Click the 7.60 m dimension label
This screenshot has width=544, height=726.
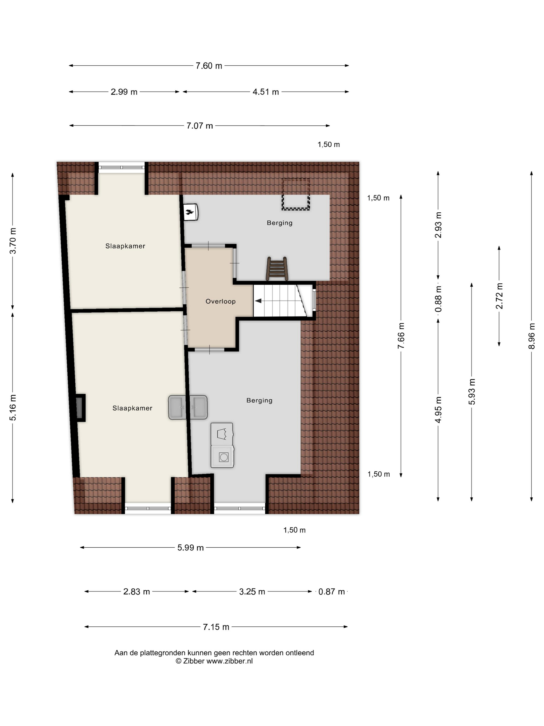[x=209, y=66]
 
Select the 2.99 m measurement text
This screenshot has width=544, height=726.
[x=124, y=92]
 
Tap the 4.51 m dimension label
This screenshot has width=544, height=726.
[x=266, y=92]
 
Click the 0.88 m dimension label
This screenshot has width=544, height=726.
[x=438, y=299]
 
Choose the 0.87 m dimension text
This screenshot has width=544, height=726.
[x=332, y=591]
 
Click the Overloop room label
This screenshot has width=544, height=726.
[x=221, y=301]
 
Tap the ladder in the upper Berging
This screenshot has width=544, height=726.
[x=277, y=268]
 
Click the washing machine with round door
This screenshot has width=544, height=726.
[x=223, y=457]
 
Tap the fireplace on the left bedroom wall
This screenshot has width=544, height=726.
[x=79, y=408]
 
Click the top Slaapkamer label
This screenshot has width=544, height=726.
[x=125, y=246]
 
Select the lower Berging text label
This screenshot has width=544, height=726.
[x=259, y=400]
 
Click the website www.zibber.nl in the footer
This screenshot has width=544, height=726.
[x=230, y=661]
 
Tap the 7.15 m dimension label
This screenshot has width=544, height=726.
[x=216, y=627]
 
